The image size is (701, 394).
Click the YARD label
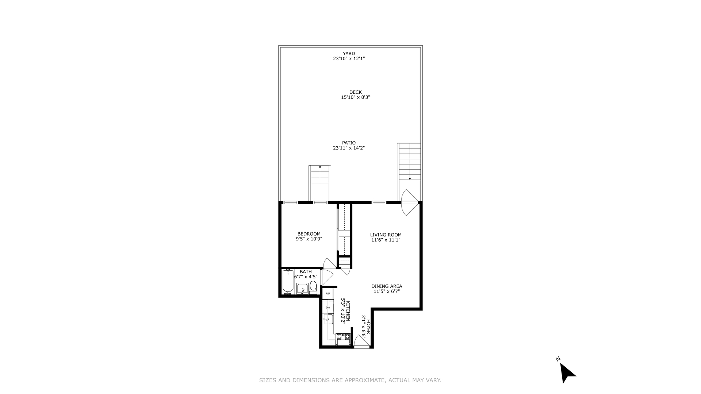349,53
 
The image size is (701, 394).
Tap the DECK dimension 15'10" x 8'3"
355,97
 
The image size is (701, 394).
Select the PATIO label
349,143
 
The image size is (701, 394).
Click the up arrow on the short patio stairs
320,167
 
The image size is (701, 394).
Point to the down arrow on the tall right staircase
410,178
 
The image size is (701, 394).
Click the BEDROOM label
309,234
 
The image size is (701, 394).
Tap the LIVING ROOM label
386,235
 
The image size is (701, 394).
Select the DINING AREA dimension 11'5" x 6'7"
387,291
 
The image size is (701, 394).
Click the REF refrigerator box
328,294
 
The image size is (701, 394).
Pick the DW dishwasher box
328,308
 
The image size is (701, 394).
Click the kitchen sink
328,320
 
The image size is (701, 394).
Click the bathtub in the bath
288,281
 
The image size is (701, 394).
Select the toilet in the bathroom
313,287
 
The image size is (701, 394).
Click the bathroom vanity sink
302,289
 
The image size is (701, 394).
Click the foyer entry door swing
360,341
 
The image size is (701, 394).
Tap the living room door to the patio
409,202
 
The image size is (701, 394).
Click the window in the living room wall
379,202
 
